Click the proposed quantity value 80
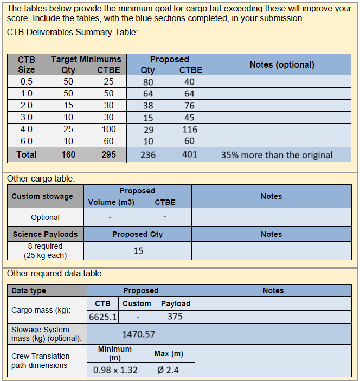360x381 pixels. tap(147, 82)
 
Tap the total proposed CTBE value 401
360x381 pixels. tap(190, 155)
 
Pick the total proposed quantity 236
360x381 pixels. tap(147, 155)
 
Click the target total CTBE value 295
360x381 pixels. tap(108, 155)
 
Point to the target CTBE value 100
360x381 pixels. tap(108, 130)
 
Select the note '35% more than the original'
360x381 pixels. tap(277, 155)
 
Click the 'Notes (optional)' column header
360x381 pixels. tap(281, 64)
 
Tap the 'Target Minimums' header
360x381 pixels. tap(86, 59)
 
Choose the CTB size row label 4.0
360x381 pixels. tap(26, 130)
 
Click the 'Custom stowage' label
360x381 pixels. tap(42, 196)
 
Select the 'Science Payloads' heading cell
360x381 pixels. tap(45, 234)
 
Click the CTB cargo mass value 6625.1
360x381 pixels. tap(103, 317)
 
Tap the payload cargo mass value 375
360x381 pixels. tap(175, 317)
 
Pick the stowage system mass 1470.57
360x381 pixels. tap(138, 334)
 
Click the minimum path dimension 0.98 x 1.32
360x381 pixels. tap(115, 371)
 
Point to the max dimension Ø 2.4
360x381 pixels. tap(168, 371)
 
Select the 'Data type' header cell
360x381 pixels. tap(29, 290)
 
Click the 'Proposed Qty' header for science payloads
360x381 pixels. tap(137, 234)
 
